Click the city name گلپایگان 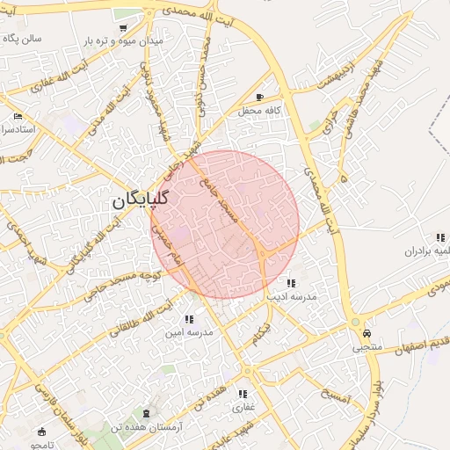(x=140, y=201)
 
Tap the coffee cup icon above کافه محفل (x=258, y=97)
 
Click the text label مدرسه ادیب (x=290, y=298)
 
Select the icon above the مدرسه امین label (x=188, y=319)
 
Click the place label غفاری (x=242, y=408)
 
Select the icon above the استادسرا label (x=18, y=116)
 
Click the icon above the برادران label (x=439, y=237)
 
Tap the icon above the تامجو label (x=41, y=432)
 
